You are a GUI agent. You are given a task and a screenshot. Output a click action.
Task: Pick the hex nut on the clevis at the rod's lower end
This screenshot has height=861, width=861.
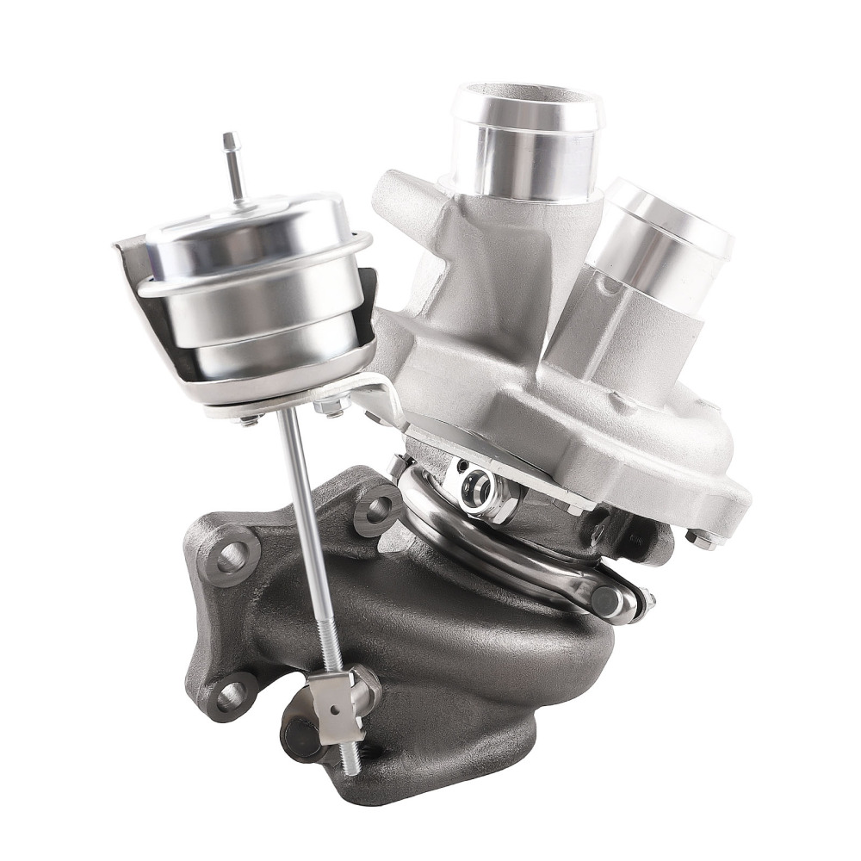pos(365,684)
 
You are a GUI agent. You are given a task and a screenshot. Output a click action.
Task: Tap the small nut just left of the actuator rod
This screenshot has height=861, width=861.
pos(251,418)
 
